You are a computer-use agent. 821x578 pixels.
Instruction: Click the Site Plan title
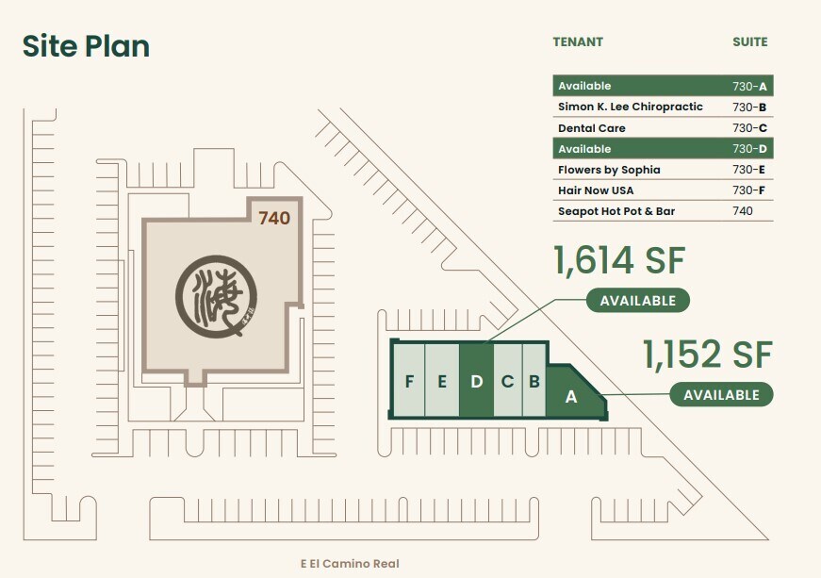pyautogui.click(x=86, y=45)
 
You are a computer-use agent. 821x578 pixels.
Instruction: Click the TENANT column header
pyautogui.click(x=578, y=41)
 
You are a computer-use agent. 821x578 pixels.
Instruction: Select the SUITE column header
pyautogui.click(x=749, y=41)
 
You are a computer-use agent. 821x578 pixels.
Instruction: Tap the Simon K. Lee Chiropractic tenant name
pyautogui.click(x=630, y=107)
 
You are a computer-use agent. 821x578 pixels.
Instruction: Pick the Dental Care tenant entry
pyautogui.click(x=591, y=128)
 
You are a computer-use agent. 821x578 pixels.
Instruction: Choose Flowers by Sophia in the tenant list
pyautogui.click(x=609, y=170)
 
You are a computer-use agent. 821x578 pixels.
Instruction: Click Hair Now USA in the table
pyautogui.click(x=596, y=190)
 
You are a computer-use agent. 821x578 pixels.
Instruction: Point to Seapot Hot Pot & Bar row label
pyautogui.click(x=616, y=211)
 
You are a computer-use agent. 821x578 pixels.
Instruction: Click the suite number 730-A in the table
pyautogui.click(x=749, y=86)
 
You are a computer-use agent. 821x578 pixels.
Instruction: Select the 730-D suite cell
pyautogui.click(x=749, y=149)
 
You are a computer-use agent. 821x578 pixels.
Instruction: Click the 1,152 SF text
pyautogui.click(x=707, y=355)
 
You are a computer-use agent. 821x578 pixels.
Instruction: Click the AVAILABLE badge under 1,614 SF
pyautogui.click(x=638, y=301)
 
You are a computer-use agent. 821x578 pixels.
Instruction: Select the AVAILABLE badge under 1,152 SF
pyautogui.click(x=721, y=394)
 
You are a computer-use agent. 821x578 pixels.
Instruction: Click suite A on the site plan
pyautogui.click(x=571, y=397)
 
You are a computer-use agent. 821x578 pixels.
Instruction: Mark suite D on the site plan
pyautogui.click(x=476, y=381)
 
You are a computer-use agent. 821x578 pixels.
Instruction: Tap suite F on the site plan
pyautogui.click(x=409, y=381)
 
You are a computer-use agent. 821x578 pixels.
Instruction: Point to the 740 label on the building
pyautogui.click(x=273, y=218)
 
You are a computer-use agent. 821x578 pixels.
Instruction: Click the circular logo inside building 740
pyautogui.click(x=216, y=296)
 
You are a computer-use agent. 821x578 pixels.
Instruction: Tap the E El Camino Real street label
pyautogui.click(x=350, y=564)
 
